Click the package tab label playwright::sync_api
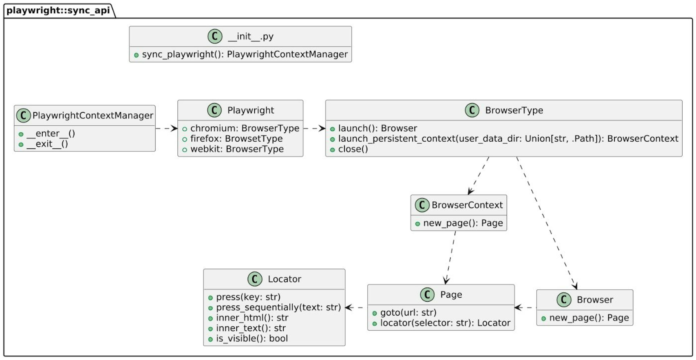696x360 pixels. tap(58, 10)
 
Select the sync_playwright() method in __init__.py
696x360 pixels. tap(245, 54)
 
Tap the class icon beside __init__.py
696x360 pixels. tap(215, 36)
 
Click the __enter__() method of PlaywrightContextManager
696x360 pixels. tap(51, 134)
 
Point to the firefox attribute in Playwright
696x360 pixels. tap(236, 139)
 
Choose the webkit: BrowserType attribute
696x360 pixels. tap(237, 149)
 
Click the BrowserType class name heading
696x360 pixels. tap(514, 110)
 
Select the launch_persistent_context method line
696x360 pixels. tap(508, 139)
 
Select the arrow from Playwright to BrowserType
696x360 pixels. tap(314, 128)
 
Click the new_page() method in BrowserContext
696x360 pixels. tap(463, 223)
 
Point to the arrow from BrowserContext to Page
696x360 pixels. tap(451, 257)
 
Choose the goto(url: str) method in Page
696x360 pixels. tap(408, 313)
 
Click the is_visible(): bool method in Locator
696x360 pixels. tap(252, 339)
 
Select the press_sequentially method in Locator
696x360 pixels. tap(278, 308)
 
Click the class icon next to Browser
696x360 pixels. tap(564, 300)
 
